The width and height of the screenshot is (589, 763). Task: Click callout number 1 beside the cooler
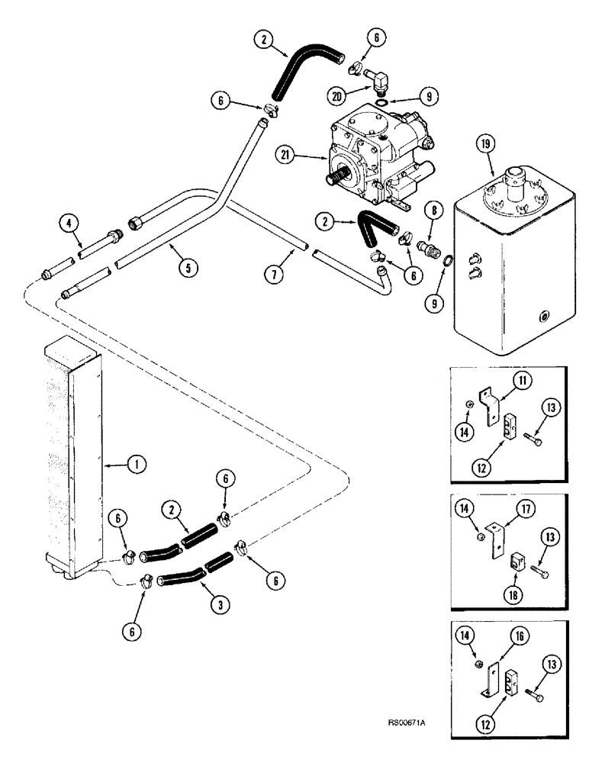(x=139, y=463)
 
